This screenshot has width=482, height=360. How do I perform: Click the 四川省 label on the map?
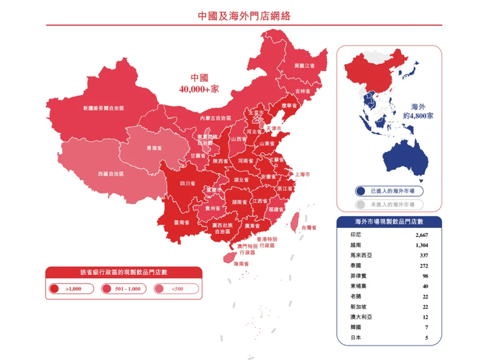click(187, 184)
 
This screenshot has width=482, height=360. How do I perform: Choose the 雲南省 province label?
click(181, 223)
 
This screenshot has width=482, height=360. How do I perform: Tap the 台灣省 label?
click(308, 226)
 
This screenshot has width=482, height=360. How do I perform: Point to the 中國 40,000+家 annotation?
click(199, 83)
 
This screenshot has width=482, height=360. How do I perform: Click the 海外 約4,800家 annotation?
click(421, 112)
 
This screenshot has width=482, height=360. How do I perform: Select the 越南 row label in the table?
click(356, 245)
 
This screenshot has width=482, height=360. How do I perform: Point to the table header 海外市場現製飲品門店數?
click(388, 222)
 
